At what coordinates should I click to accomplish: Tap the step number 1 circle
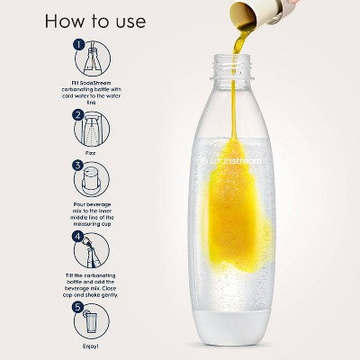(x=79, y=43)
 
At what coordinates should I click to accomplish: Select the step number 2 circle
(x=79, y=114)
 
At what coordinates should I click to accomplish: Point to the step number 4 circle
(x=79, y=238)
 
